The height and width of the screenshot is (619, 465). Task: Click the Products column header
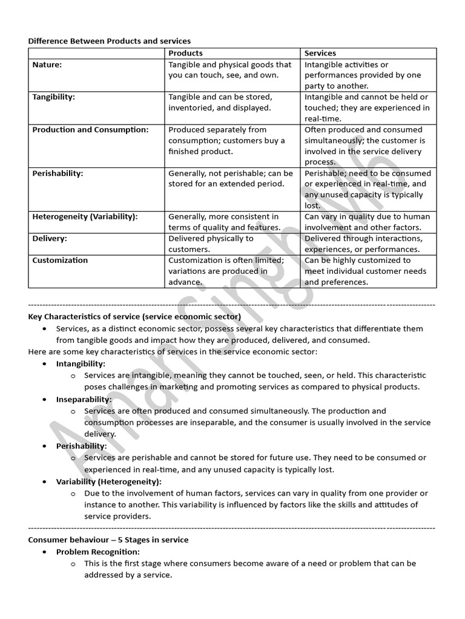pyautogui.click(x=185, y=53)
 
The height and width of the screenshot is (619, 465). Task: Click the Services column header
pyautogui.click(x=320, y=53)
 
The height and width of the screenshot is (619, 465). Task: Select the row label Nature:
pyautogui.click(x=47, y=65)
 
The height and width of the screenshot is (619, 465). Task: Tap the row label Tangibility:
pyautogui.click(x=54, y=97)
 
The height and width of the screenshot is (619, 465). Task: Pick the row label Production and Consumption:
pyautogui.click(x=90, y=129)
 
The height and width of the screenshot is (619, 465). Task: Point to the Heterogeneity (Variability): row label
pyautogui.click(x=85, y=216)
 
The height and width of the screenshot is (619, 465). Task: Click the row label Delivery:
pyautogui.click(x=50, y=238)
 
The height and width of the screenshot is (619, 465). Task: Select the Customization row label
pyautogui.click(x=60, y=260)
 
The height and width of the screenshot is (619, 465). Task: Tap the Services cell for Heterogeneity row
pyautogui.click(x=368, y=222)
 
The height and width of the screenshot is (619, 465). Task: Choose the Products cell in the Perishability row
pyautogui.click(x=231, y=178)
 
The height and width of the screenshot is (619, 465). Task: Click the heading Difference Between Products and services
pyautogui.click(x=110, y=41)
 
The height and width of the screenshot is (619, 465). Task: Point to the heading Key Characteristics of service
pyautogui.click(x=134, y=317)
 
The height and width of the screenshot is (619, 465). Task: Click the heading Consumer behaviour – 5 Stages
pyautogui.click(x=108, y=540)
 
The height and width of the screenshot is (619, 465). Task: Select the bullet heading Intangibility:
pyautogui.click(x=81, y=364)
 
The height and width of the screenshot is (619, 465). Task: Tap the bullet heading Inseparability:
pyautogui.click(x=84, y=400)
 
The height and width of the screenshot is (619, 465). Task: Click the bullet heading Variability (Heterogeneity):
pyautogui.click(x=108, y=482)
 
